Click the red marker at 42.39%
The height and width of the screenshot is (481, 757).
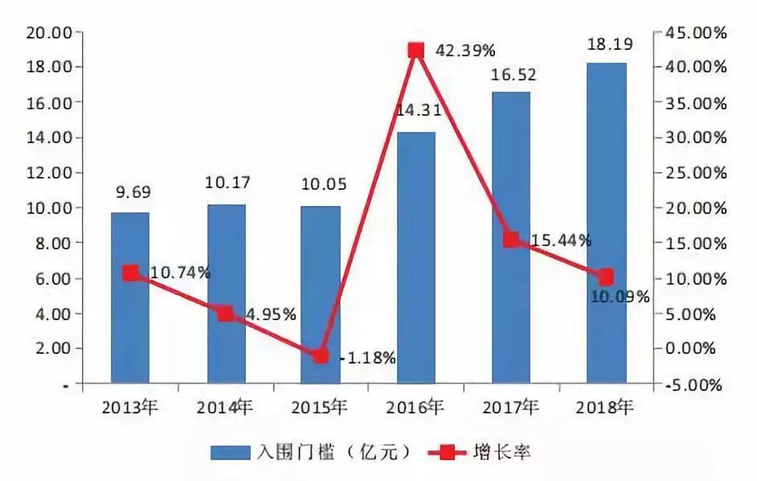coord(415,51)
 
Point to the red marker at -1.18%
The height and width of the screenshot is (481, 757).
coord(321,356)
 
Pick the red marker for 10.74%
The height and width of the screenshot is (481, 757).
coord(130,273)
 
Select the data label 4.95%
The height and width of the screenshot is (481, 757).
coord(264,314)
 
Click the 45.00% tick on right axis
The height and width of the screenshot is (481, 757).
coord(697,32)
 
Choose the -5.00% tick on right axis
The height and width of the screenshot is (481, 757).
coord(697,384)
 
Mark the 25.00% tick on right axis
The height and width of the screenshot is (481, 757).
coord(697,173)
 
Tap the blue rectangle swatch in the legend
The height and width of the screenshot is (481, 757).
coord(232,452)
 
